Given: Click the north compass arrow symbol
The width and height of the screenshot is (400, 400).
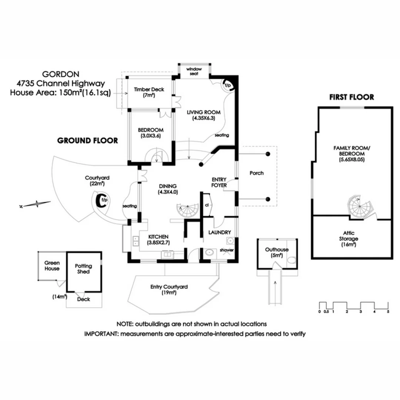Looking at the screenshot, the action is (36, 203).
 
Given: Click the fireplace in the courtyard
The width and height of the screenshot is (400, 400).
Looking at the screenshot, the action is (101, 200).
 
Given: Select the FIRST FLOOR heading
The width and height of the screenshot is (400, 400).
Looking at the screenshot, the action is (351, 97).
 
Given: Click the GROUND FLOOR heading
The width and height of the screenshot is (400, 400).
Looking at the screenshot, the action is (87, 141).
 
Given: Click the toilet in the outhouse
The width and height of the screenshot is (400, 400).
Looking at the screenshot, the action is (293, 260).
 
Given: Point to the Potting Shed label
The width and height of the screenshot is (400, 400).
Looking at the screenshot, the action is (83, 269).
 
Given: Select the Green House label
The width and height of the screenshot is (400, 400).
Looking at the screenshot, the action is (52, 266).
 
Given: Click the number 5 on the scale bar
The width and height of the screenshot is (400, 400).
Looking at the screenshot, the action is (388, 311).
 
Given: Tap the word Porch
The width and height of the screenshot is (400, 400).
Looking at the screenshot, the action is (256, 173).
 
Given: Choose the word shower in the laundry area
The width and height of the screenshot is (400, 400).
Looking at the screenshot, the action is (227, 250).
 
